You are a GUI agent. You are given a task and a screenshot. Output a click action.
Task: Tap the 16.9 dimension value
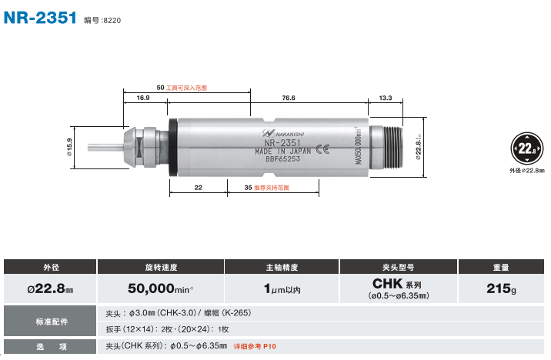tap(143, 98)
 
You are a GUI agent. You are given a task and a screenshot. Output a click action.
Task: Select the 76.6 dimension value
tap(289, 98)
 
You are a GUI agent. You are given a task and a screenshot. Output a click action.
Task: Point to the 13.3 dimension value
tap(386, 98)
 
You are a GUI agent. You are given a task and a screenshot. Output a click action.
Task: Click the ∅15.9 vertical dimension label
tap(69, 146)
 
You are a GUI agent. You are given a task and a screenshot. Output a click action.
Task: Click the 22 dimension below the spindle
tap(198, 188)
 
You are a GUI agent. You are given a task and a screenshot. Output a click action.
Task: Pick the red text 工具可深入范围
tap(187, 88)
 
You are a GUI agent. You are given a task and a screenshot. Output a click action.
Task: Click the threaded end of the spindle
tap(399, 145)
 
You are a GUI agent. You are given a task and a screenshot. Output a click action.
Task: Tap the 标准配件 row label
tap(50, 320)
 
